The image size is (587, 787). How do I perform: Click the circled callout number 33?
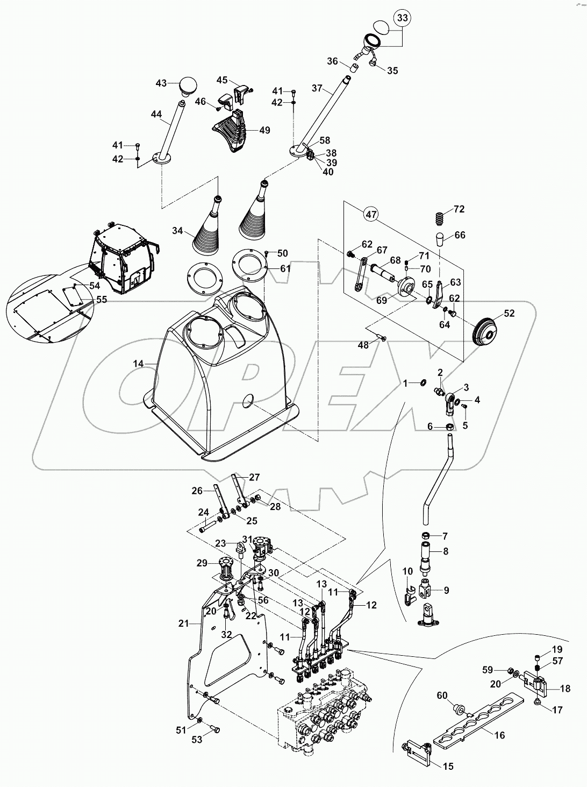click(403, 18)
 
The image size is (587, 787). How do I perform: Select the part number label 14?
click(138, 364)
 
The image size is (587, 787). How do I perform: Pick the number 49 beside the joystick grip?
click(264, 130)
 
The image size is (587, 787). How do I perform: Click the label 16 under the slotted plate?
click(499, 735)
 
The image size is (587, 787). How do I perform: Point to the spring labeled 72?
click(440, 219)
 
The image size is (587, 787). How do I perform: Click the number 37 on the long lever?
click(317, 88)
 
